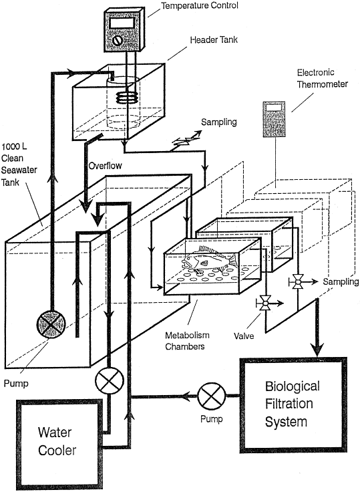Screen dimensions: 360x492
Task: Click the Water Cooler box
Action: tap(59, 441)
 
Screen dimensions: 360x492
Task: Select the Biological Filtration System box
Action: tap(293, 405)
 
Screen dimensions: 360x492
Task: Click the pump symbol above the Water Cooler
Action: tap(110, 381)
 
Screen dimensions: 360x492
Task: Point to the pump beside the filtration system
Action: tap(212, 396)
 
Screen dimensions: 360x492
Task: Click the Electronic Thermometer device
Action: tap(274, 119)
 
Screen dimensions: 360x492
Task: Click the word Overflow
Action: tap(105, 166)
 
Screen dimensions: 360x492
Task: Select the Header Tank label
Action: tap(214, 40)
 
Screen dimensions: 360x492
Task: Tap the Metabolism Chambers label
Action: tap(187, 341)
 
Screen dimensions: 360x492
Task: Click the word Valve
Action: tap(244, 336)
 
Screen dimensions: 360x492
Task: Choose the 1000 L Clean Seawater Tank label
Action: tap(19, 164)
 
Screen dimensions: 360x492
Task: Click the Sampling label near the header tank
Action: tap(219, 122)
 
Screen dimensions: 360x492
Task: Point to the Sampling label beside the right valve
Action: tap(341, 282)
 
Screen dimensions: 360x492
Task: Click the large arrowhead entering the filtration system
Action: tap(318, 348)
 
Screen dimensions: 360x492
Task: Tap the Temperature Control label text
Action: tap(200, 5)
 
